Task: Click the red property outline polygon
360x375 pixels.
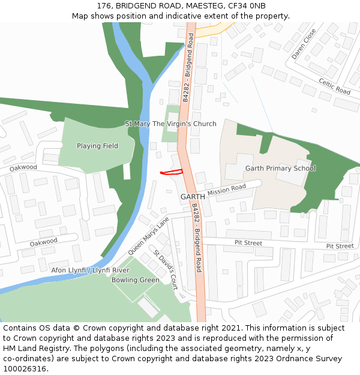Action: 172,172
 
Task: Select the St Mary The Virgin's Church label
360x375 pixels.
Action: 170,124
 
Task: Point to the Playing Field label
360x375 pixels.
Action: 97,146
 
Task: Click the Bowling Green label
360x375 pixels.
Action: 136,280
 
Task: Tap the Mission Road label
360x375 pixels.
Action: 227,191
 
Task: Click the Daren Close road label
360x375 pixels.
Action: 304,44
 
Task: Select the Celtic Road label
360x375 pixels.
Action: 334,86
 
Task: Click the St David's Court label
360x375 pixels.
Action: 165,269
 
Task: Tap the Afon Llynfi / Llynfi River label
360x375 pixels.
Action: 90,271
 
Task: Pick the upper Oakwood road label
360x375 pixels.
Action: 23,167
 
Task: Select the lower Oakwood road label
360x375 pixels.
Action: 44,242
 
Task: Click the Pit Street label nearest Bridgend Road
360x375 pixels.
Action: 248,243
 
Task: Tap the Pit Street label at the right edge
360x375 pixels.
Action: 340,246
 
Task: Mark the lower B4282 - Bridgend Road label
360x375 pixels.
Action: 196,238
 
